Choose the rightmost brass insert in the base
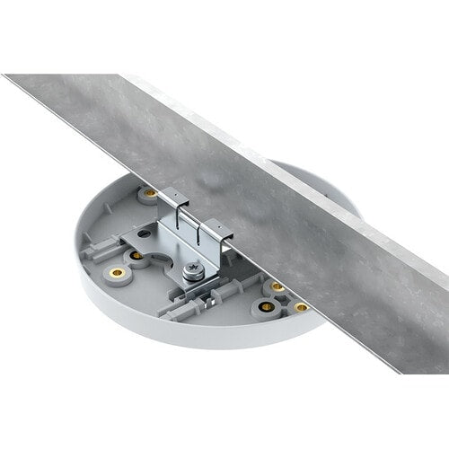302,306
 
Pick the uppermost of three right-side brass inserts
277,287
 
